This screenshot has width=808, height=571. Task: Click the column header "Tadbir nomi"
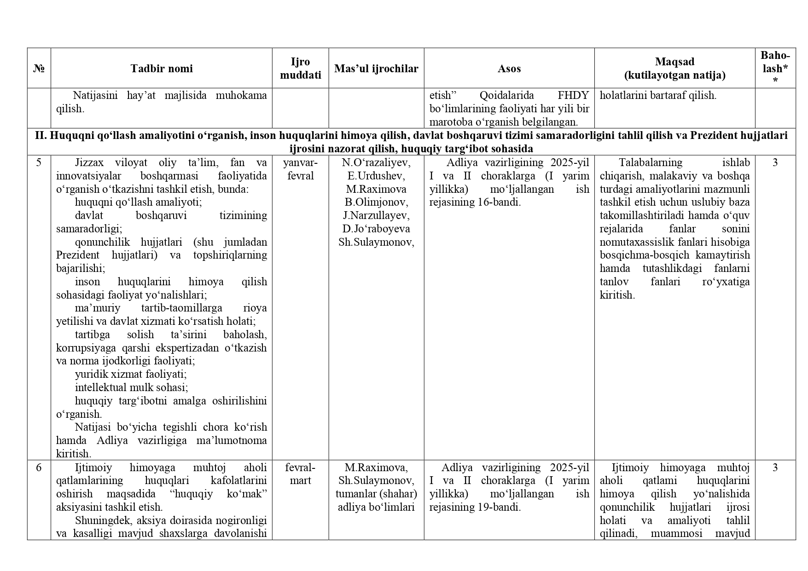click(161, 69)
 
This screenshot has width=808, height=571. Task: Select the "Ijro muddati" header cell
click(300, 69)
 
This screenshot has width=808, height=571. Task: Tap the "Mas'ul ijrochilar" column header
click(376, 69)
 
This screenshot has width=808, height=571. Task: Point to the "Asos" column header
click(509, 69)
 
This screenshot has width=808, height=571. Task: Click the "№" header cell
click(39, 69)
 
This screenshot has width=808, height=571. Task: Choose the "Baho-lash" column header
click(775, 68)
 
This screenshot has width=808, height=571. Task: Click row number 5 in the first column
click(39, 162)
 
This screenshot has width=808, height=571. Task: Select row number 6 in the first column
click(39, 467)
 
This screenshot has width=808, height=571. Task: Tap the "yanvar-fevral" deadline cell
click(300, 169)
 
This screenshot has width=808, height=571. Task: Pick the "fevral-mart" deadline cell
click(300, 474)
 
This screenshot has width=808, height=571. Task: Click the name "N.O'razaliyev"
click(376, 162)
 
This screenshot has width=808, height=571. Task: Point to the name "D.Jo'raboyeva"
click(376, 229)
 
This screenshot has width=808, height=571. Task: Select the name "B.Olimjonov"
click(376, 202)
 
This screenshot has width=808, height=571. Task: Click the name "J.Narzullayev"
click(376, 215)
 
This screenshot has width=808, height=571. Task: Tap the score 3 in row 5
click(775, 162)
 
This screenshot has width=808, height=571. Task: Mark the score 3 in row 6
click(775, 467)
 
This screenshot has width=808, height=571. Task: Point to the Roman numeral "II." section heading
click(41, 135)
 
